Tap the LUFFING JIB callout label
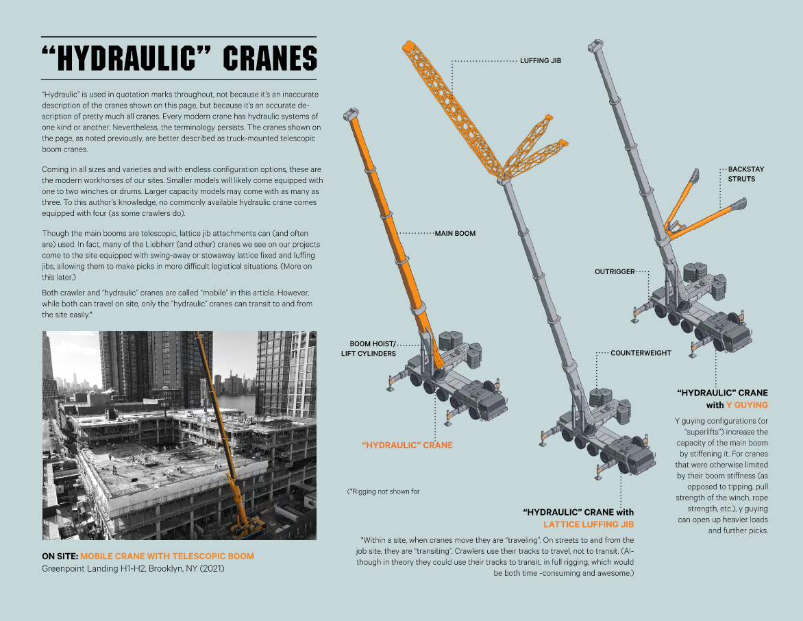coord(541,61)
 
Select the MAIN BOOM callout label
coord(455,233)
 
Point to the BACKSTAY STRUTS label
coord(741,173)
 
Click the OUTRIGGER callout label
coord(614,271)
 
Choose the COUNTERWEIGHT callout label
coord(641,353)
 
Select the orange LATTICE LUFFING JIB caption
coord(589,524)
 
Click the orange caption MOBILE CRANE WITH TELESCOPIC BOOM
coord(166,556)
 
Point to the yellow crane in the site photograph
coord(226,439)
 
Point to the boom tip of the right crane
coord(594,47)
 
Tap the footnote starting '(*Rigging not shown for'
coord(383,491)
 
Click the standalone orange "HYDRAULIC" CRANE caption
coord(407,445)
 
